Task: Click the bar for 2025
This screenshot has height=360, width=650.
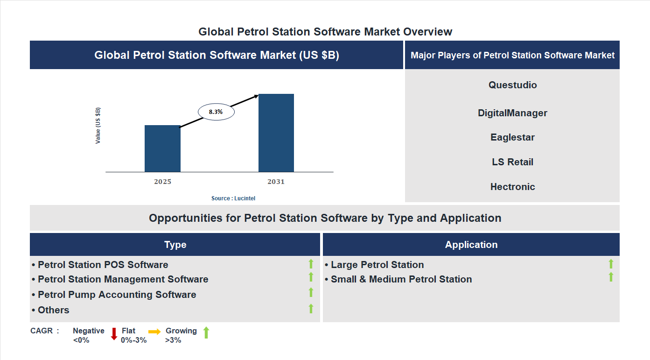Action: coord(162,148)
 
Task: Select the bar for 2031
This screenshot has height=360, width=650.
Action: coord(276,133)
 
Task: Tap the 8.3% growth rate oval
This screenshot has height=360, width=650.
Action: coord(216,112)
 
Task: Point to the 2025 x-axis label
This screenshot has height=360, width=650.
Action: coord(162,182)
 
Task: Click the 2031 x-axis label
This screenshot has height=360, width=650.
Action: coord(276,182)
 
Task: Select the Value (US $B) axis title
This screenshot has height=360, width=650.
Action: coord(98,126)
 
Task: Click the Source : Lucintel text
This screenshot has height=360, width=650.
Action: coord(233,198)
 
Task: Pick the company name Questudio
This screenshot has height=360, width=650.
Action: coord(512,85)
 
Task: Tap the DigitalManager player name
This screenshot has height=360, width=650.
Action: coord(512,113)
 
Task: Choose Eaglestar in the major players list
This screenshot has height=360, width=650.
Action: coord(512,137)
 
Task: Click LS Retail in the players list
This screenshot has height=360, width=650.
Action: coord(512,162)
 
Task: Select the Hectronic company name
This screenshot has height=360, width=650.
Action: coord(512,187)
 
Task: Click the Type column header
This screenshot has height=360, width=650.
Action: coord(175,245)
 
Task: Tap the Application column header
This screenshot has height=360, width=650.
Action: coord(471,245)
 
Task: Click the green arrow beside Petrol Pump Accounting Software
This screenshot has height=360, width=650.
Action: coord(311,293)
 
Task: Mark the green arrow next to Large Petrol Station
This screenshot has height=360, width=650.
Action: coord(611,264)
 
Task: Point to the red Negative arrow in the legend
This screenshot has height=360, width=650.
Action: coord(114,334)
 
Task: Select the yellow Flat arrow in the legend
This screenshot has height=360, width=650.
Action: coord(154,332)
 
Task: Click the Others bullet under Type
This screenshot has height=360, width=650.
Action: coord(51,310)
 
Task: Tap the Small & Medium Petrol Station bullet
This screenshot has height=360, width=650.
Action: coord(398,279)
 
